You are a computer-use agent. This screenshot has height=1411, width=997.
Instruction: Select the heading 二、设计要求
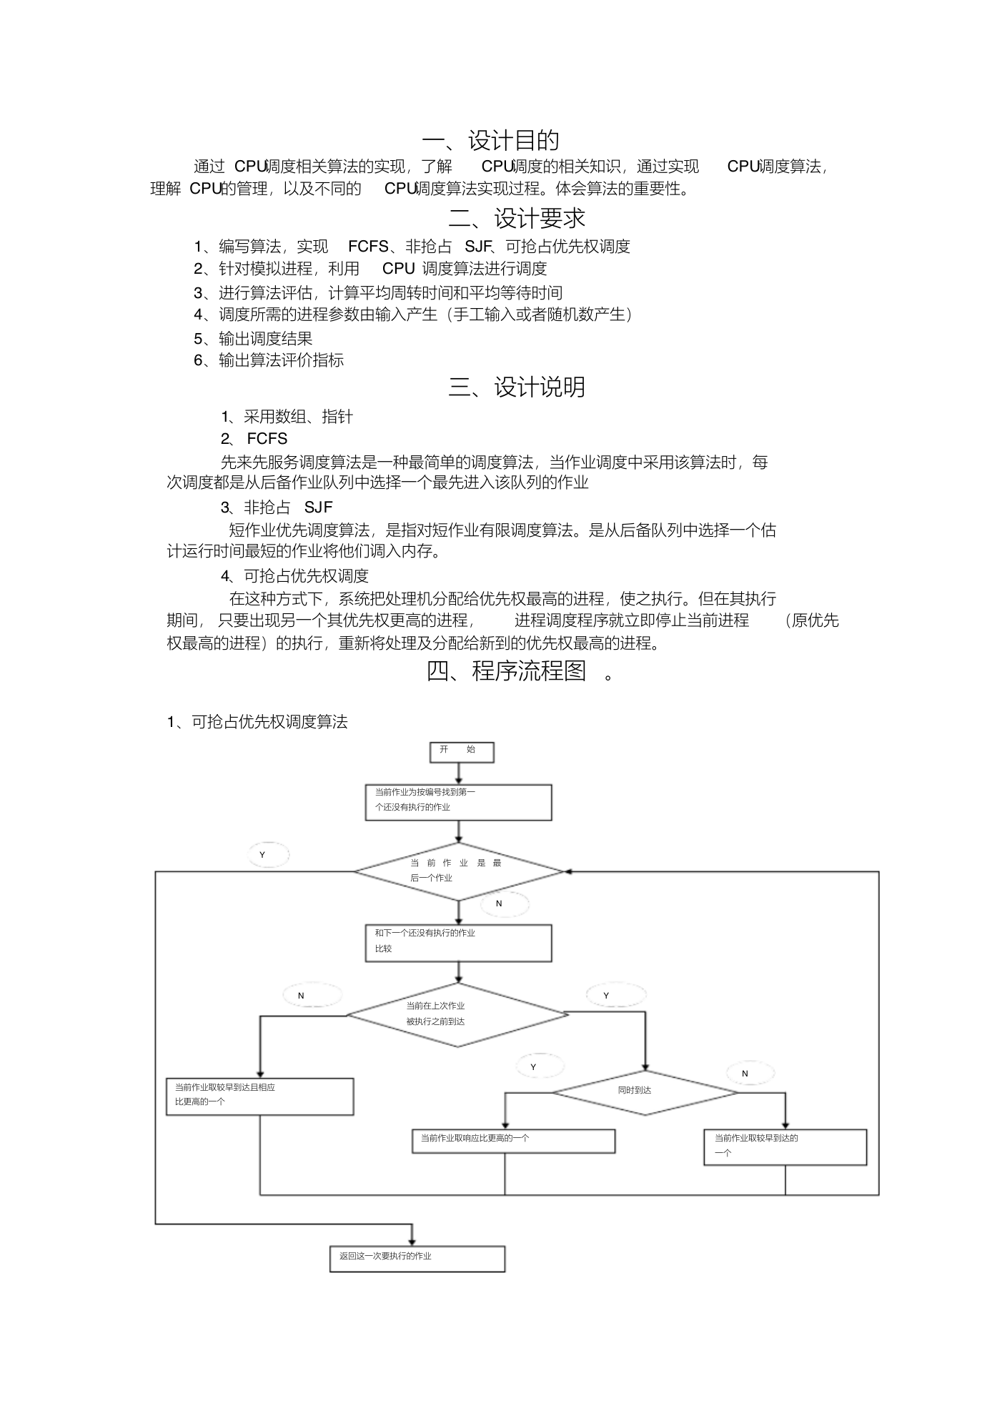click(517, 217)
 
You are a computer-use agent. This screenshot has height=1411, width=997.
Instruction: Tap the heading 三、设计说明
click(517, 387)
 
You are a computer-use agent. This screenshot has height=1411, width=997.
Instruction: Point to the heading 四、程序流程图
click(507, 670)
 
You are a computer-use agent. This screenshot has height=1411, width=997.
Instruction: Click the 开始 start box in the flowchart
click(461, 751)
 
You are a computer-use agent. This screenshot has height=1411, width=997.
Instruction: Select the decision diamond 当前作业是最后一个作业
click(459, 871)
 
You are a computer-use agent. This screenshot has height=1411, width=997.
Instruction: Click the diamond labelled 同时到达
click(645, 1092)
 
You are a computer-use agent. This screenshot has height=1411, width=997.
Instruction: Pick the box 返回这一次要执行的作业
click(417, 1258)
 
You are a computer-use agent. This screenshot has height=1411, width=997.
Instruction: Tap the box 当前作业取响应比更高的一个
click(513, 1141)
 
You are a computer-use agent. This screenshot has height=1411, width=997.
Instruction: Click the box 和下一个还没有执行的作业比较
click(459, 943)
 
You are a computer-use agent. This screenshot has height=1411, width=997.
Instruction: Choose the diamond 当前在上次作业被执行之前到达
click(457, 1014)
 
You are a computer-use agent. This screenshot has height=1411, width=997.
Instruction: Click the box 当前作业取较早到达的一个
click(785, 1147)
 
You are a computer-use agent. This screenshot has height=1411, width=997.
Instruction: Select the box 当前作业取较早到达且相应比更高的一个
click(260, 1096)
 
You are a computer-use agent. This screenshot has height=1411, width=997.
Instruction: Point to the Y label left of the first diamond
click(262, 855)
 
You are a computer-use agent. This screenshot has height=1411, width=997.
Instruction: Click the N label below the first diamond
click(499, 903)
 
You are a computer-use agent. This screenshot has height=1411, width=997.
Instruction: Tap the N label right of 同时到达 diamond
click(745, 1074)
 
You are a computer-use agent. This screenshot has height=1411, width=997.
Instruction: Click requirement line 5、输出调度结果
click(253, 338)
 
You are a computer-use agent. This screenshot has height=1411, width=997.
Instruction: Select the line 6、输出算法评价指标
click(269, 360)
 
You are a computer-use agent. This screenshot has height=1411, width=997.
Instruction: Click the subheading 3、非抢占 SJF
click(277, 508)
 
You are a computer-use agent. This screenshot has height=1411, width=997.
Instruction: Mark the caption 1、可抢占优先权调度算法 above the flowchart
click(257, 722)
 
